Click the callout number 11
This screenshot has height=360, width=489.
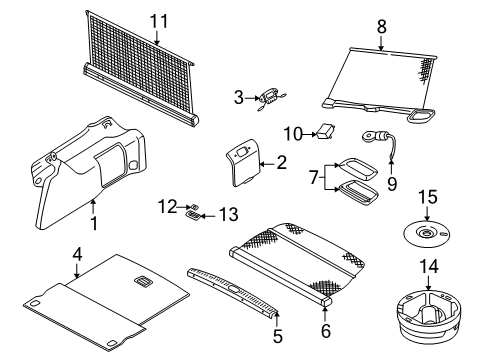coord(159,22)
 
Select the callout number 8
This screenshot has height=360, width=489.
coord(382,27)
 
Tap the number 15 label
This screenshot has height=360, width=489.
coord(428,197)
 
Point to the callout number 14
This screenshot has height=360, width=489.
coord(429,267)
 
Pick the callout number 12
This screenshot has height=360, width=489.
coord(167,207)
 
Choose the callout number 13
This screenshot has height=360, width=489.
coord(229,214)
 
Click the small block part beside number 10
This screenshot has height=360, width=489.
coord(325,131)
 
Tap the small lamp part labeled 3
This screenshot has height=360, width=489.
coord(271,98)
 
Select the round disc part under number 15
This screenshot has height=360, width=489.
coord(426,234)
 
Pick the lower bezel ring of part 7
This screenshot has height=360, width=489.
coord(358,191)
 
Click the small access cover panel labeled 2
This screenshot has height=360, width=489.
coord(243,162)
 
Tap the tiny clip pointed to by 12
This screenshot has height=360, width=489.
coord(194,206)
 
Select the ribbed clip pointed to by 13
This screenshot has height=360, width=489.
coord(193,215)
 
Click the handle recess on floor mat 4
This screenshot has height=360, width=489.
coord(144,281)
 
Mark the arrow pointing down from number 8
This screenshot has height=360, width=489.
coord(381,42)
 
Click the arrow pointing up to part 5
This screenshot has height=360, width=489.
coord(277,319)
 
